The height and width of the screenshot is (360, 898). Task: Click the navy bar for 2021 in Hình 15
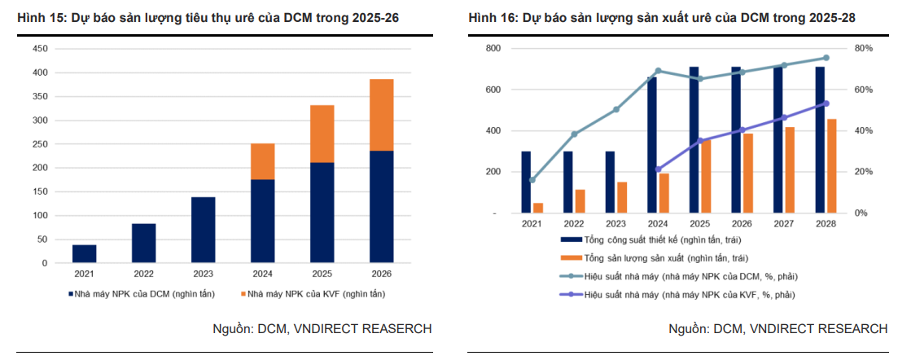84,253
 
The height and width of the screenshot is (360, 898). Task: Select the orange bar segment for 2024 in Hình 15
262,161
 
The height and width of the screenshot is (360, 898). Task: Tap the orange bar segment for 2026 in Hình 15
381,115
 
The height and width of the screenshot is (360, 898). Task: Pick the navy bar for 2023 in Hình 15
203,230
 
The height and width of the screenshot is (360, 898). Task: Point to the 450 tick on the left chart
40,49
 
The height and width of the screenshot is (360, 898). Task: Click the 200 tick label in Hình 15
40,168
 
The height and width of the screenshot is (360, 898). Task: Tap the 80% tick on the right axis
860,49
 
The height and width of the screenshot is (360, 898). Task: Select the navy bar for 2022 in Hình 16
568,182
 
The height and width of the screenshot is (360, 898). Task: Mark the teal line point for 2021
532,180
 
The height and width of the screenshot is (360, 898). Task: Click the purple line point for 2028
826,103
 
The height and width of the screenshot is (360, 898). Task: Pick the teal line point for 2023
616,109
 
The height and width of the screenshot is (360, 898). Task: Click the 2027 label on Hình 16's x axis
783,223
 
